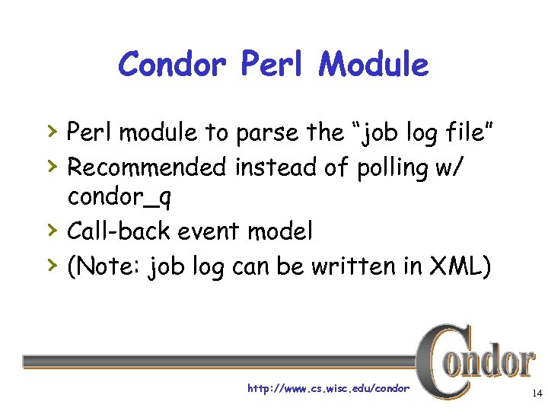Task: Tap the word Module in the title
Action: (374, 65)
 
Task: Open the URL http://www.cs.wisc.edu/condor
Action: (328, 389)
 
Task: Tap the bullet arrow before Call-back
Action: (53, 229)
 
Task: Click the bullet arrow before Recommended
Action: (53, 164)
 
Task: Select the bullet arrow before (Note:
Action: (53, 264)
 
